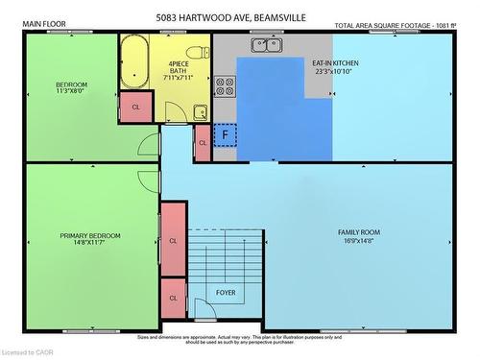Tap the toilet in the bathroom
point(198,53)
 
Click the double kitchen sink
point(266,44)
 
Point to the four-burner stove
point(225,86)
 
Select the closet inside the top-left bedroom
point(135,107)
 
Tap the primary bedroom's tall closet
point(173,240)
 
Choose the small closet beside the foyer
point(173,298)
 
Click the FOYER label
point(225,292)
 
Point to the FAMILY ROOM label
point(359,232)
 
